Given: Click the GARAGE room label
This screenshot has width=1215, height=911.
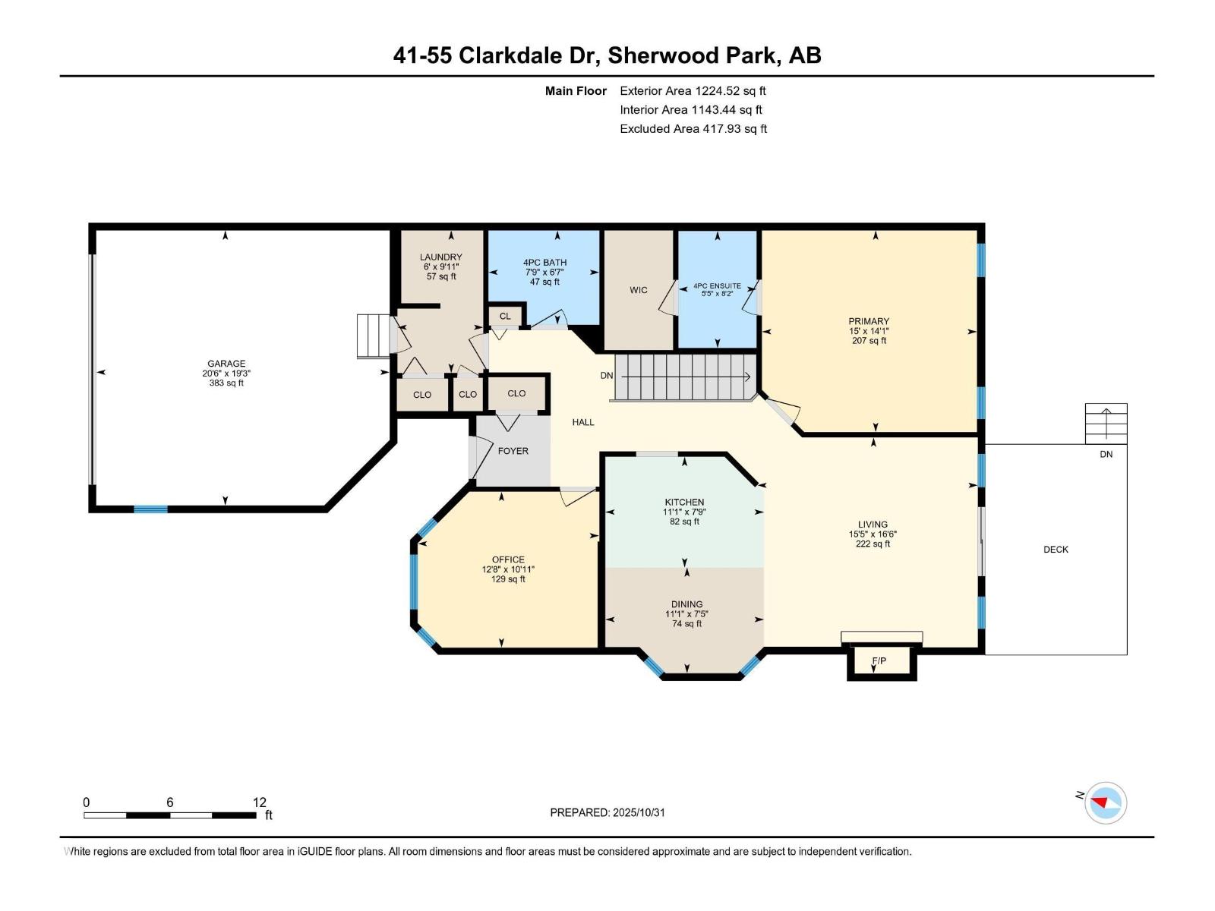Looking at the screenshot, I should tap(226, 364).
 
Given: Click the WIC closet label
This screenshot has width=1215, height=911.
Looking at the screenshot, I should tap(639, 290).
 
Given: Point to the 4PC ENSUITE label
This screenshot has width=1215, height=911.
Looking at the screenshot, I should tap(717, 286).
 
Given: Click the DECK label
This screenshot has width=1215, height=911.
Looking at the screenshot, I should tap(1056, 549).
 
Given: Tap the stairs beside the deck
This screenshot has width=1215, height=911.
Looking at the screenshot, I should tap(1106, 423).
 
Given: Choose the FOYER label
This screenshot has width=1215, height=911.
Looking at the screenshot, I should tap(513, 451).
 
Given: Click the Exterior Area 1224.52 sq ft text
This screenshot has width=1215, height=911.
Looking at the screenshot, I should tap(692, 90).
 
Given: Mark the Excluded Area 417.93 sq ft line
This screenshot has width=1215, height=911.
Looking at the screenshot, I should tap(693, 128).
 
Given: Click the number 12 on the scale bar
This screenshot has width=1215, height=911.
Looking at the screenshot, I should tap(260, 802).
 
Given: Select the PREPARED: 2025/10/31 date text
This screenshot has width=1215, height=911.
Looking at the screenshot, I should tap(607, 812).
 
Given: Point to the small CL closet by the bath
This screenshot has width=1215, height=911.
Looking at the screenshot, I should tap(505, 316).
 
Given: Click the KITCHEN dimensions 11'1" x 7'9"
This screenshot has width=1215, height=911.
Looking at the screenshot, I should tap(684, 512).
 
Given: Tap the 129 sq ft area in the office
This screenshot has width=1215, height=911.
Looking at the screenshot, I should tap(508, 579).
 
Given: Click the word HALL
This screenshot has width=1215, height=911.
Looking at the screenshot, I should tap(583, 422).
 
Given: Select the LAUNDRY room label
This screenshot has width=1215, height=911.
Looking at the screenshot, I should tap(440, 257).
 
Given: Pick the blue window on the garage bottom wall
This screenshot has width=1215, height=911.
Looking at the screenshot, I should tap(150, 509).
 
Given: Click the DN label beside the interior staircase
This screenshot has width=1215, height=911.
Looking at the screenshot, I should tap(607, 376).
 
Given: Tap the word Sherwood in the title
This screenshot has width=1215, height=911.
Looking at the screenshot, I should tap(656, 55).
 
